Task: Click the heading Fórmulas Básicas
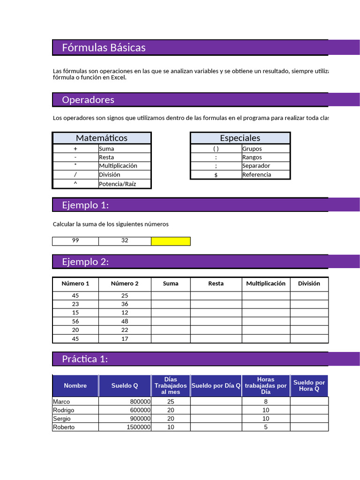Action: [x=104, y=47]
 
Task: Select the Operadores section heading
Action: [x=88, y=100]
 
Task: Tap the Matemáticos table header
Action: [x=102, y=138]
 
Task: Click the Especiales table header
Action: [x=240, y=138]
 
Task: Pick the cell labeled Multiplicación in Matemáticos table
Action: [x=118, y=165]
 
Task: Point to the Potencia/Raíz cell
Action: [x=118, y=184]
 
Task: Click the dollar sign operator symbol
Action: [x=216, y=174]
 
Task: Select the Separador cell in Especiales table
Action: [x=256, y=165]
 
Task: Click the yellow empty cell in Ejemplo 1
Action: [x=171, y=241]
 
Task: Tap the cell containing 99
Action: [x=75, y=240]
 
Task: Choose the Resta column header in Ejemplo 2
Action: [x=216, y=284]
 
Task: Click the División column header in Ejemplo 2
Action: [x=309, y=284]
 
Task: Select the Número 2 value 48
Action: [x=125, y=321]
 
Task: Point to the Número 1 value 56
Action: [x=75, y=321]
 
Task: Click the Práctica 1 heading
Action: [x=85, y=359]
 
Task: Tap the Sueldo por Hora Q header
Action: [x=309, y=386]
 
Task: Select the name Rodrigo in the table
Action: [x=64, y=410]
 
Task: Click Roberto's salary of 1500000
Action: [x=138, y=427]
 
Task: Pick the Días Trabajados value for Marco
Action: [x=171, y=402]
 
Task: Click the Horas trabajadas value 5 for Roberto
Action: [x=266, y=427]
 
